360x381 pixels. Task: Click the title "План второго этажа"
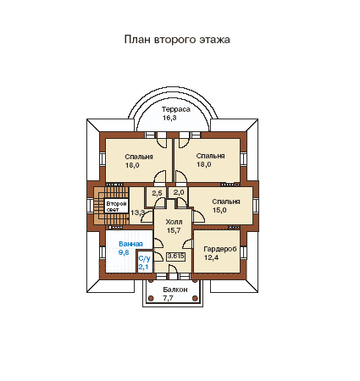pyautogui.click(x=177, y=40)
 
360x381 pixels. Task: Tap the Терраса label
pyautogui.click(x=176, y=109)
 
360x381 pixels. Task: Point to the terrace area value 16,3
pyautogui.click(x=169, y=118)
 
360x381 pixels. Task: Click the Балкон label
pyautogui.click(x=175, y=290)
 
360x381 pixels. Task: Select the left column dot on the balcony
pyautogui.click(x=151, y=298)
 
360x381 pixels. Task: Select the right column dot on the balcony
pyautogui.click(x=195, y=298)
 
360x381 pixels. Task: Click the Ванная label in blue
pyautogui.click(x=130, y=244)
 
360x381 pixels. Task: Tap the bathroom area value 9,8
pyautogui.click(x=124, y=252)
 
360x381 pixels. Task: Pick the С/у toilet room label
pyautogui.click(x=144, y=258)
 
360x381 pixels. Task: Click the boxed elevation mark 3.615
pyautogui.click(x=175, y=256)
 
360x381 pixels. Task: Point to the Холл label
pyautogui.click(x=174, y=222)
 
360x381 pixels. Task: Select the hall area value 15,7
pyautogui.click(x=174, y=230)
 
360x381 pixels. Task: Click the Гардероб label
pyautogui.click(x=220, y=249)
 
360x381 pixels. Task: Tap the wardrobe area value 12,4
pyautogui.click(x=211, y=257)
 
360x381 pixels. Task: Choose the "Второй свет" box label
pyautogui.click(x=116, y=207)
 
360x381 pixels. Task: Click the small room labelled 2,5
pyautogui.click(x=157, y=193)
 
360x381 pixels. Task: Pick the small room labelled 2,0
pyautogui.click(x=179, y=192)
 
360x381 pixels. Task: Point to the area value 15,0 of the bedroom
pyautogui.click(x=219, y=210)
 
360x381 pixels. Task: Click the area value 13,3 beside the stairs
pyautogui.click(x=138, y=213)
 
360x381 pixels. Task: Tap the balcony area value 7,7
pyautogui.click(x=168, y=298)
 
